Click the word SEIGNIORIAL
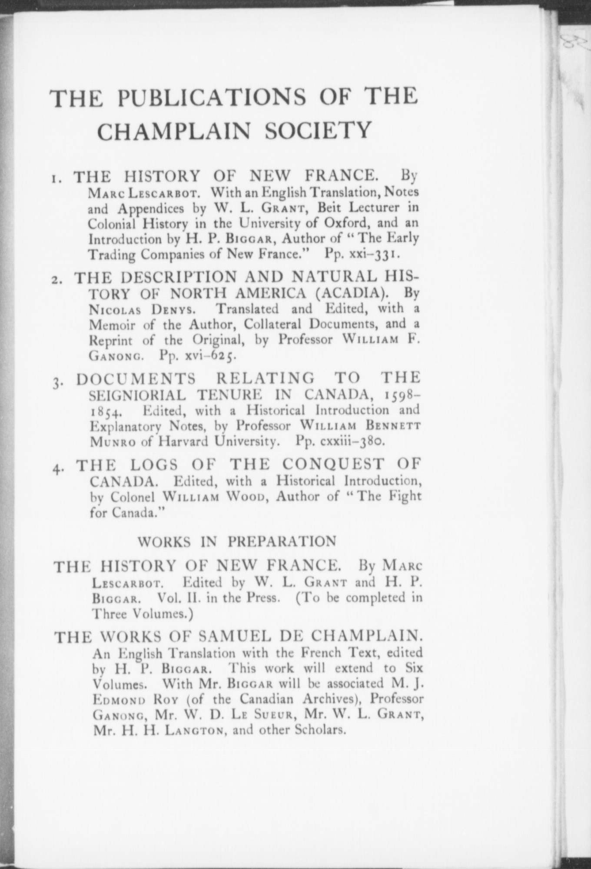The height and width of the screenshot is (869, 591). tap(138, 395)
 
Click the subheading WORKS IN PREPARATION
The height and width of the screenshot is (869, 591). tap(237, 542)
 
